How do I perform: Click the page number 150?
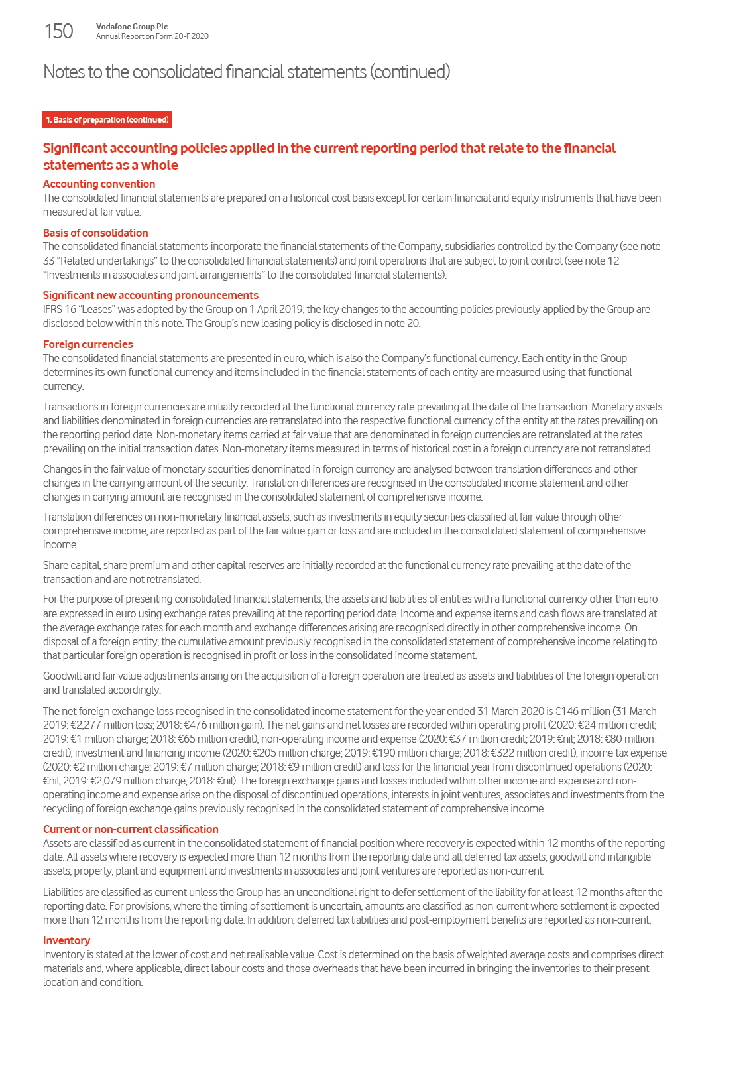click(58, 31)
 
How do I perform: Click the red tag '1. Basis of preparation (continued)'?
click(107, 119)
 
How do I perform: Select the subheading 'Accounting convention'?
click(99, 184)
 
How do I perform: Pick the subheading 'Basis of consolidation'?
click(95, 233)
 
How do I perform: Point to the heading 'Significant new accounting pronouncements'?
click(150, 295)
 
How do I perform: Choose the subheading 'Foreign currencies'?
click(87, 344)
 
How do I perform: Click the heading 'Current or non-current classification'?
click(131, 829)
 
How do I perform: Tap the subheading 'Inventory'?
click(66, 940)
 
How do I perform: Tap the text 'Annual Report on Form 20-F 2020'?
click(152, 36)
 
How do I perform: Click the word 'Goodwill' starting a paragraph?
click(64, 676)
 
